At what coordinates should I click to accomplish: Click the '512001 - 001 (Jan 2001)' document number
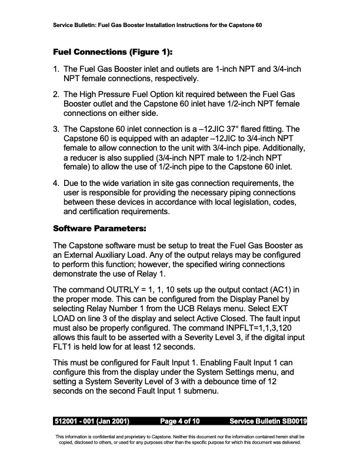92,421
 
